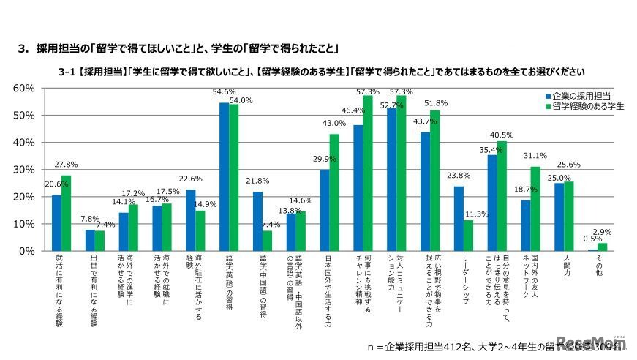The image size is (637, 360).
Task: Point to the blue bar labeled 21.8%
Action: (x=257, y=221)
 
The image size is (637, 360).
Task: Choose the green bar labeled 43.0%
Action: (x=334, y=192)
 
